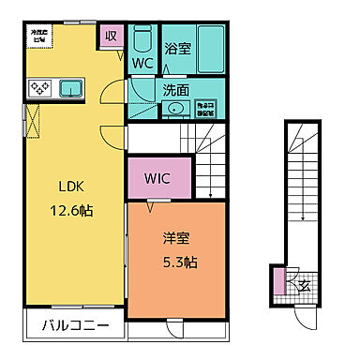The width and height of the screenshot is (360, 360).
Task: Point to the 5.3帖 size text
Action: pos(175,262)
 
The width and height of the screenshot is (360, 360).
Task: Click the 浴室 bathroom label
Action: pos(177,47)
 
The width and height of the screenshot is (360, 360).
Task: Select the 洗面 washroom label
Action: pos(175,90)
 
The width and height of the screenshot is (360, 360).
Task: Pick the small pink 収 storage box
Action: pos(111,37)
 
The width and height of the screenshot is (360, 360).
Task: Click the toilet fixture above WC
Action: pos(142,40)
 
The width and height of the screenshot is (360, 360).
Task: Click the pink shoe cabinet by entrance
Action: pos(278,279)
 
